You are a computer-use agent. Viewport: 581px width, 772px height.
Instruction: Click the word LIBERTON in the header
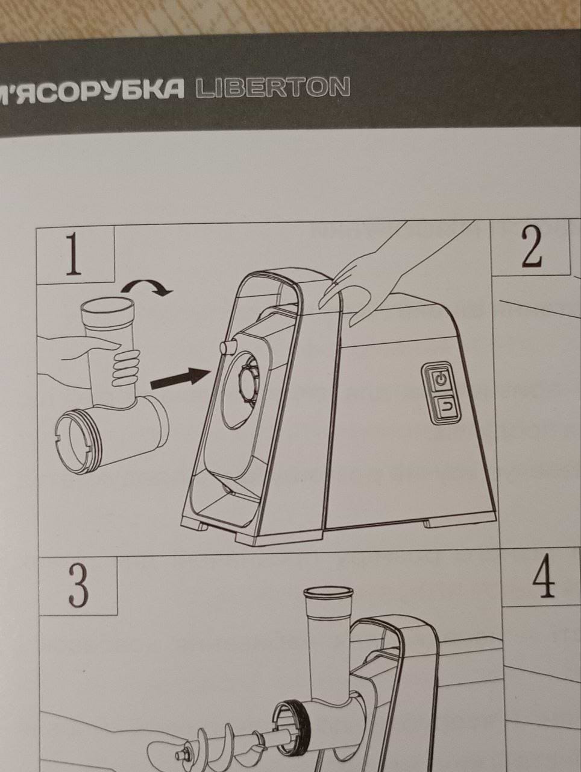point(273,87)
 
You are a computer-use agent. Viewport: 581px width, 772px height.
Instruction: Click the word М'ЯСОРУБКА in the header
point(92,89)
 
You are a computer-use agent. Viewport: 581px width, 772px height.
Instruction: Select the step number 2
point(532,245)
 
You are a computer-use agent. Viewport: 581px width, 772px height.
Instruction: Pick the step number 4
point(544,576)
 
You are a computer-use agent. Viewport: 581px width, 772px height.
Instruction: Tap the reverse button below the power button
point(446,407)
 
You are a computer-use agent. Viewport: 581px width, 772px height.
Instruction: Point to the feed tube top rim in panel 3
point(328,593)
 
